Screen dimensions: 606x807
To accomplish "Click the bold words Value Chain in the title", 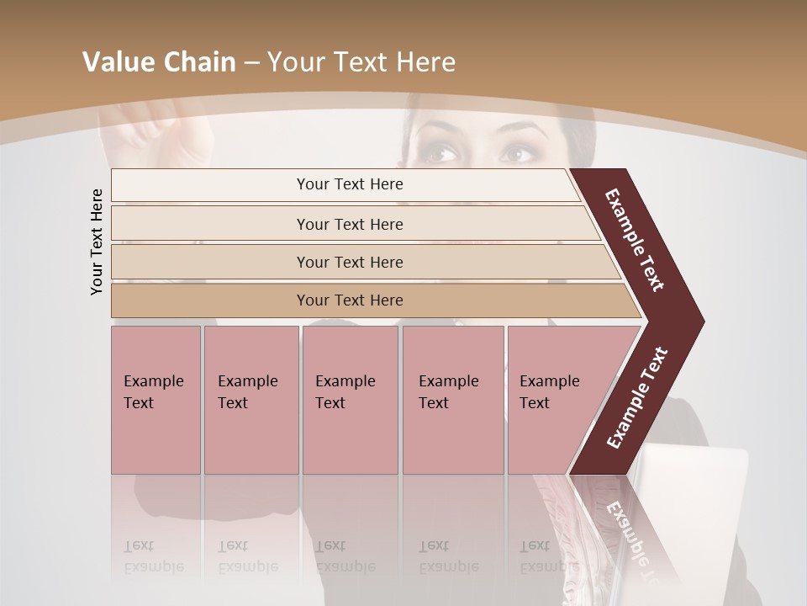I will click(x=159, y=61).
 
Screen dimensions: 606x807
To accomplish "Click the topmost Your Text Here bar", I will click(x=349, y=184).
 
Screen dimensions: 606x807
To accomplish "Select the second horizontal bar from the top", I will click(x=349, y=224).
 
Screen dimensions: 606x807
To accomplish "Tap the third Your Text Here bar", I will click(x=349, y=262).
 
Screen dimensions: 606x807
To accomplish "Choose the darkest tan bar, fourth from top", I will click(x=349, y=300).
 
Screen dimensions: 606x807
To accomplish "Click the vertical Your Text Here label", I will click(x=97, y=242).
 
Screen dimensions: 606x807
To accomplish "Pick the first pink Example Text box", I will click(x=156, y=399).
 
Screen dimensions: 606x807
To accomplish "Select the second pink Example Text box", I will click(x=251, y=399).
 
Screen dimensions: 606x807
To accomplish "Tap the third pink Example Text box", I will click(x=350, y=399).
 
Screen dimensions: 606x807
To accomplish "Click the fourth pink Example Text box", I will click(x=452, y=399).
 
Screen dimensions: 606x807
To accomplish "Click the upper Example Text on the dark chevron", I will click(x=635, y=240).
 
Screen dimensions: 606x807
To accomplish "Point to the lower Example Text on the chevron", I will click(x=636, y=398).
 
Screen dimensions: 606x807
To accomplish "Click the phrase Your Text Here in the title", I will click(x=361, y=61).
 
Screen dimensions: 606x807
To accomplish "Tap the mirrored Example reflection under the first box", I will click(x=154, y=566).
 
